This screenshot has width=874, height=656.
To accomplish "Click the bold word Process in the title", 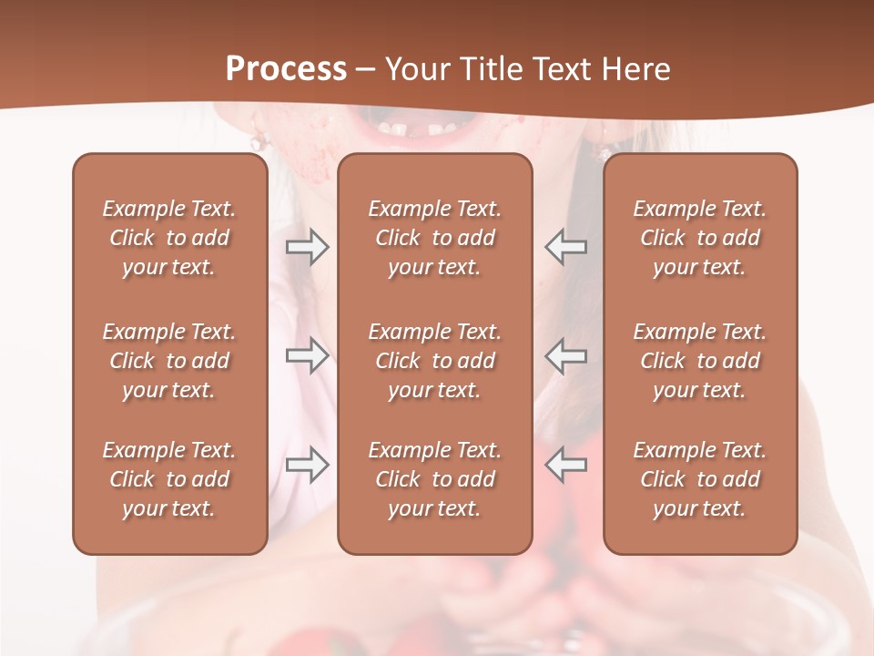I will pos(286,69).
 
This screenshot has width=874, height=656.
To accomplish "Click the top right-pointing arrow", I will pos(307,247).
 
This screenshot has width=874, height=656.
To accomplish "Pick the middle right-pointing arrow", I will pos(307,355).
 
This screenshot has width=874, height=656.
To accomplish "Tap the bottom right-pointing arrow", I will pos(307,465).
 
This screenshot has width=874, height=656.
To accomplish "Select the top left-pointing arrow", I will pos(566,247).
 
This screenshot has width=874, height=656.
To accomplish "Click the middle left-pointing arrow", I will pos(566,355).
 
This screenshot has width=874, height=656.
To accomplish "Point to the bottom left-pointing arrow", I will pos(566,465).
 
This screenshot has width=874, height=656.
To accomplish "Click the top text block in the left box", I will pos(169,238).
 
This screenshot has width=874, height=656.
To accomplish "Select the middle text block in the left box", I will pos(169,361).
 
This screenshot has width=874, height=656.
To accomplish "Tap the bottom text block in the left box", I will pos(169,479).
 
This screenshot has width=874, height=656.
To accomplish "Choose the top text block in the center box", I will pos(435,238).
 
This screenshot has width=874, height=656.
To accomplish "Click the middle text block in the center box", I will pos(435,361).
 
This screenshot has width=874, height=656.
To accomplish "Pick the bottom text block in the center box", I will pos(435,479).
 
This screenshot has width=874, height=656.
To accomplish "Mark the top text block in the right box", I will pos(700,238).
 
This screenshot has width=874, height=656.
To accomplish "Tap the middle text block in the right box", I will pos(700,361).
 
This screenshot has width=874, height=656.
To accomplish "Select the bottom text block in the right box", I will pos(700,479).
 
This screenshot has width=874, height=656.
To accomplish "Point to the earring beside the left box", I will pos(258,141).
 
